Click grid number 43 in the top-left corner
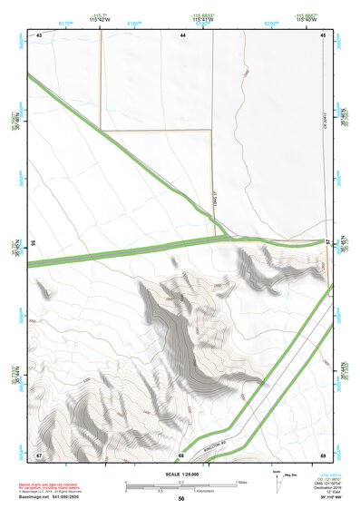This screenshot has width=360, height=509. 39,34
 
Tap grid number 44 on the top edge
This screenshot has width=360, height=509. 182,34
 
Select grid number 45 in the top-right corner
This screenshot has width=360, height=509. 323,34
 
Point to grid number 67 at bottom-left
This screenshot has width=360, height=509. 39,454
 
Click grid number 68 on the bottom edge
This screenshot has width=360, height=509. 181,454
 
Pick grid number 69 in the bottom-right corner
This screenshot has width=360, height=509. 323,454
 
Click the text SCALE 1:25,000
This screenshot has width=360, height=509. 180,474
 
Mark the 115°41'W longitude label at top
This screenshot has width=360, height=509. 203,22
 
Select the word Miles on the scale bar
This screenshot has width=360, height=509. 241,481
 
